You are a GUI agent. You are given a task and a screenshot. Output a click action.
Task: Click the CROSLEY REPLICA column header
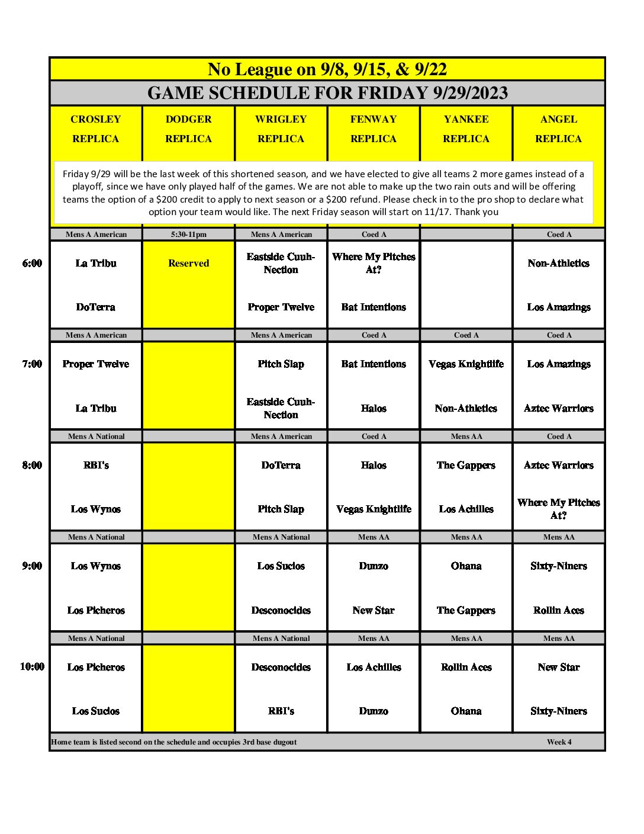pyautogui.click(x=96, y=129)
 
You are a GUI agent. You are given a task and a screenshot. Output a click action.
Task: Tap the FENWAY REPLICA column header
pyautogui.click(x=373, y=129)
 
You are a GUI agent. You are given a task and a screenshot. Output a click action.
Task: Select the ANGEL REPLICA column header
pyautogui.click(x=559, y=129)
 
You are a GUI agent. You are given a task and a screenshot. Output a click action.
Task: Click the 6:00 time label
pyautogui.click(x=32, y=264)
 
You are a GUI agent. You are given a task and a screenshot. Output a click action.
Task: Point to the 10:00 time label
pyautogui.click(x=32, y=667)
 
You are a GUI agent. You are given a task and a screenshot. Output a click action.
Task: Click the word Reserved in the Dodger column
pyautogui.click(x=188, y=264)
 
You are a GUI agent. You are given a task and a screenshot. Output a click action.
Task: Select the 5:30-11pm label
pyautogui.click(x=188, y=235)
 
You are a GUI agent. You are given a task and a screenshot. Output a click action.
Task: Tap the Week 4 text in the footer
pyautogui.click(x=559, y=742)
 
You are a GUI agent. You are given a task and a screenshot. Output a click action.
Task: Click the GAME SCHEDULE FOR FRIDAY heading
pyautogui.click(x=327, y=93)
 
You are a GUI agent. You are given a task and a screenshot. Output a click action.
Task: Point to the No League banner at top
pyautogui.click(x=327, y=69)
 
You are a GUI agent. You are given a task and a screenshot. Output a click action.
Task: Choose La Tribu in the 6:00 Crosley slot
pyautogui.click(x=96, y=264)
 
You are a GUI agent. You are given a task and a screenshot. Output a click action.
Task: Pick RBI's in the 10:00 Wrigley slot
pyautogui.click(x=281, y=711)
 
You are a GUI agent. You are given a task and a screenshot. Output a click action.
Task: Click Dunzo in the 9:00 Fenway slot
pyautogui.click(x=373, y=566)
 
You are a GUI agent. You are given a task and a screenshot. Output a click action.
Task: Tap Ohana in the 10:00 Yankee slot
pyautogui.click(x=466, y=711)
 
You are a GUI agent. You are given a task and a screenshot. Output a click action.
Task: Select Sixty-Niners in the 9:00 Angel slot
pyautogui.click(x=559, y=566)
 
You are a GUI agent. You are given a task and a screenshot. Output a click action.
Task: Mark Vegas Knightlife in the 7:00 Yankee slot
pyautogui.click(x=466, y=364)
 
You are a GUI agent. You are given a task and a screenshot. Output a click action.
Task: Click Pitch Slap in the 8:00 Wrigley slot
pyautogui.click(x=281, y=509)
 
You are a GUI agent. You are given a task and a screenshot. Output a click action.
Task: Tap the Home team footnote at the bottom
pyautogui.click(x=174, y=742)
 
